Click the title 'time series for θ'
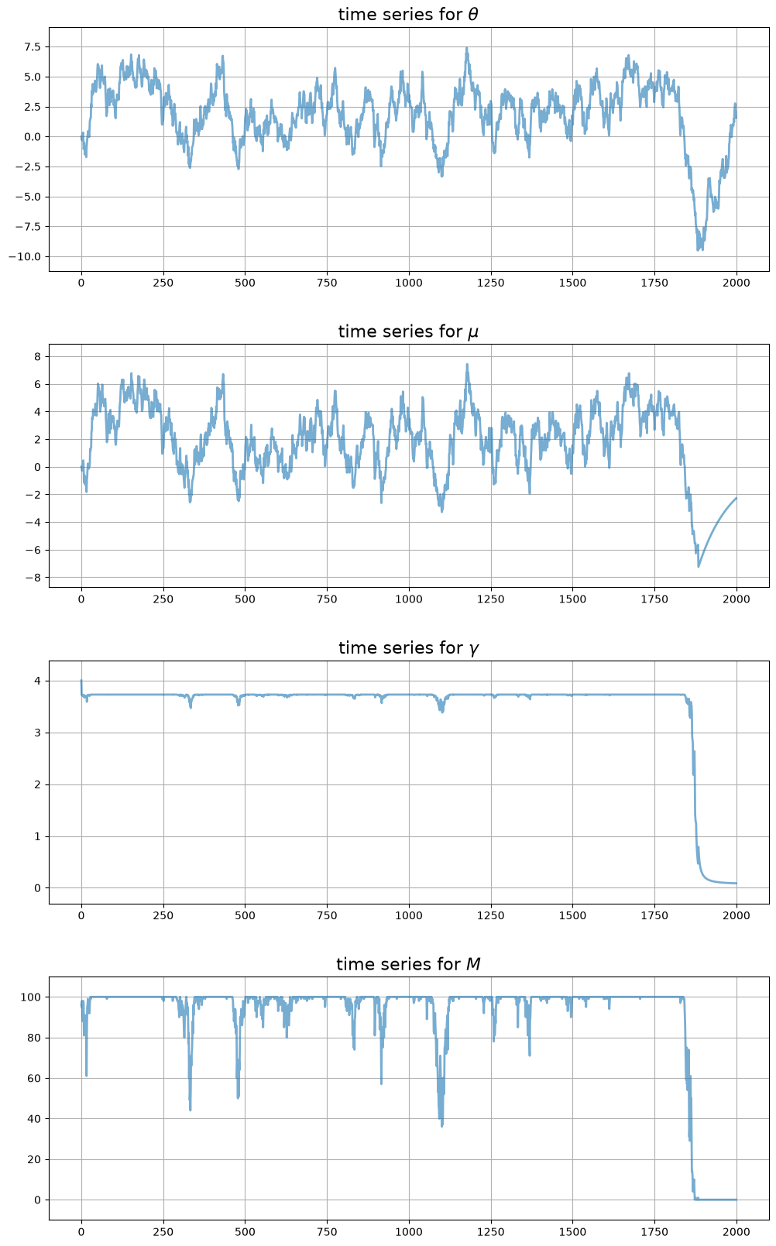[408, 14]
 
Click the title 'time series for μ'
[408, 331]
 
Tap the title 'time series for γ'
[408, 648]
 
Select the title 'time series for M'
[408, 964]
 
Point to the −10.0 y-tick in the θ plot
[25, 256]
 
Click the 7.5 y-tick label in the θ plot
[33, 46]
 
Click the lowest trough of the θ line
[698, 250]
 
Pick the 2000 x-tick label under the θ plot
[737, 283]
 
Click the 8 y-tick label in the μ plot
[38, 356]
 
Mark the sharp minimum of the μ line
[699, 567]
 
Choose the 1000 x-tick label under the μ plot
[409, 599]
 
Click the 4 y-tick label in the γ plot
[38, 681]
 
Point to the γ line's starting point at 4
[81, 681]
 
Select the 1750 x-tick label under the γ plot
[654, 915]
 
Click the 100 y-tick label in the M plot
[31, 997]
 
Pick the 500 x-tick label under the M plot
[246, 1232]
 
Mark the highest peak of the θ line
[467, 48]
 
